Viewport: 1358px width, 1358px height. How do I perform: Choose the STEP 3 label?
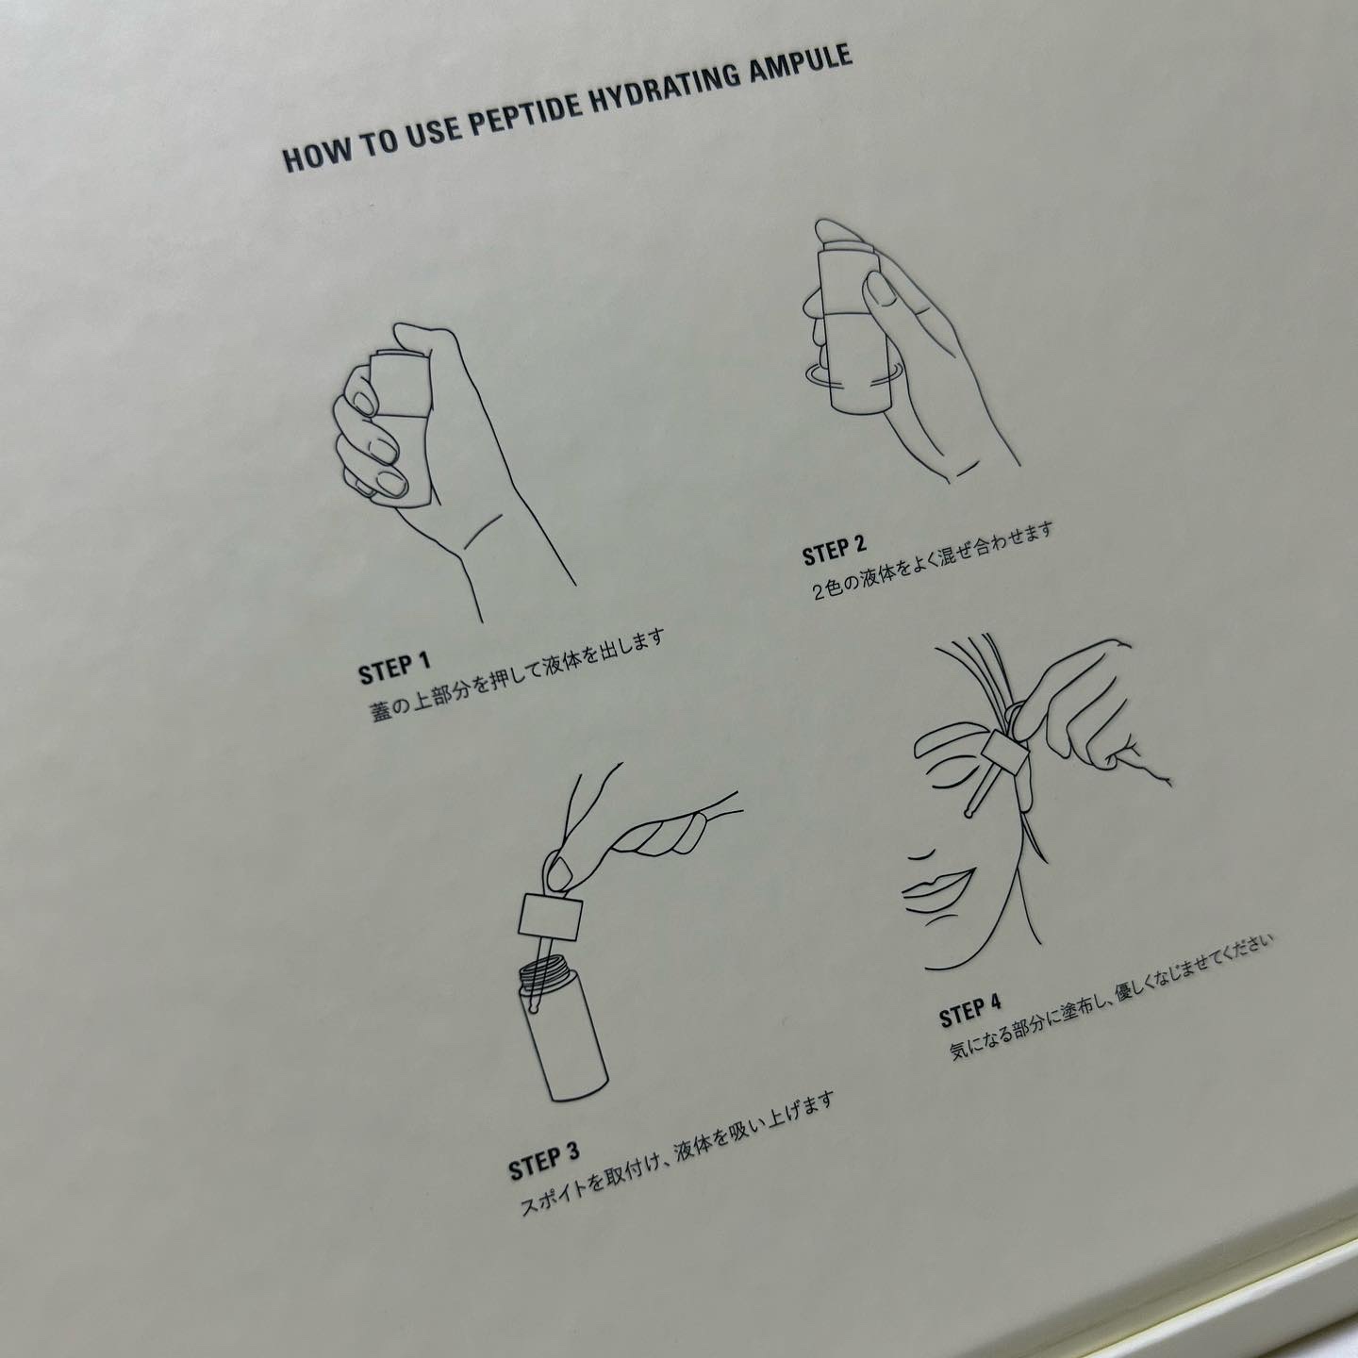tap(543, 1162)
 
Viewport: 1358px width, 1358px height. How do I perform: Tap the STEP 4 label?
tap(969, 1012)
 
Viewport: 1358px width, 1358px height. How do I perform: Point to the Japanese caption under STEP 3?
tap(676, 1164)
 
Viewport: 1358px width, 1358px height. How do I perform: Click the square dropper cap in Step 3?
tap(550, 917)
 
